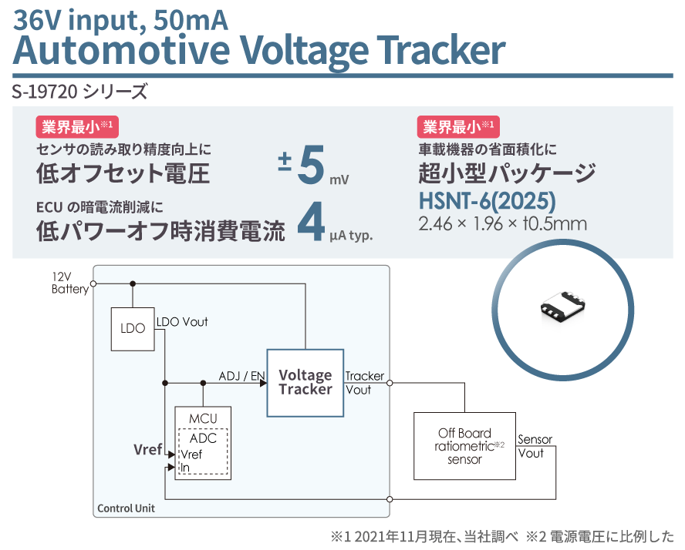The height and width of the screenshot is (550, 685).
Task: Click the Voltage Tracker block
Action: coord(305,383)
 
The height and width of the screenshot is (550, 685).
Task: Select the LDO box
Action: coord(133,328)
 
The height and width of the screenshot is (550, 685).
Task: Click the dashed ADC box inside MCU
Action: coord(203,452)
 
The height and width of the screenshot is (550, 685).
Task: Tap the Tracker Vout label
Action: coord(365,383)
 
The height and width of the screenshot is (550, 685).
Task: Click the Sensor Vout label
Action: coord(535,446)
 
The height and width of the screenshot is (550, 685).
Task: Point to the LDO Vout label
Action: coord(182,322)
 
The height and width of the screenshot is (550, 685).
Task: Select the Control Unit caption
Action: coord(126,508)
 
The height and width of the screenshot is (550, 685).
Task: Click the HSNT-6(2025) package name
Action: coord(487,201)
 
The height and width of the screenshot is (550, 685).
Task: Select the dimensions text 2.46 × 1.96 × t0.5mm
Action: coord(502,225)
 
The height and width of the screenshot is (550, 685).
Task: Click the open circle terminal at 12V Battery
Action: coord(93,283)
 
